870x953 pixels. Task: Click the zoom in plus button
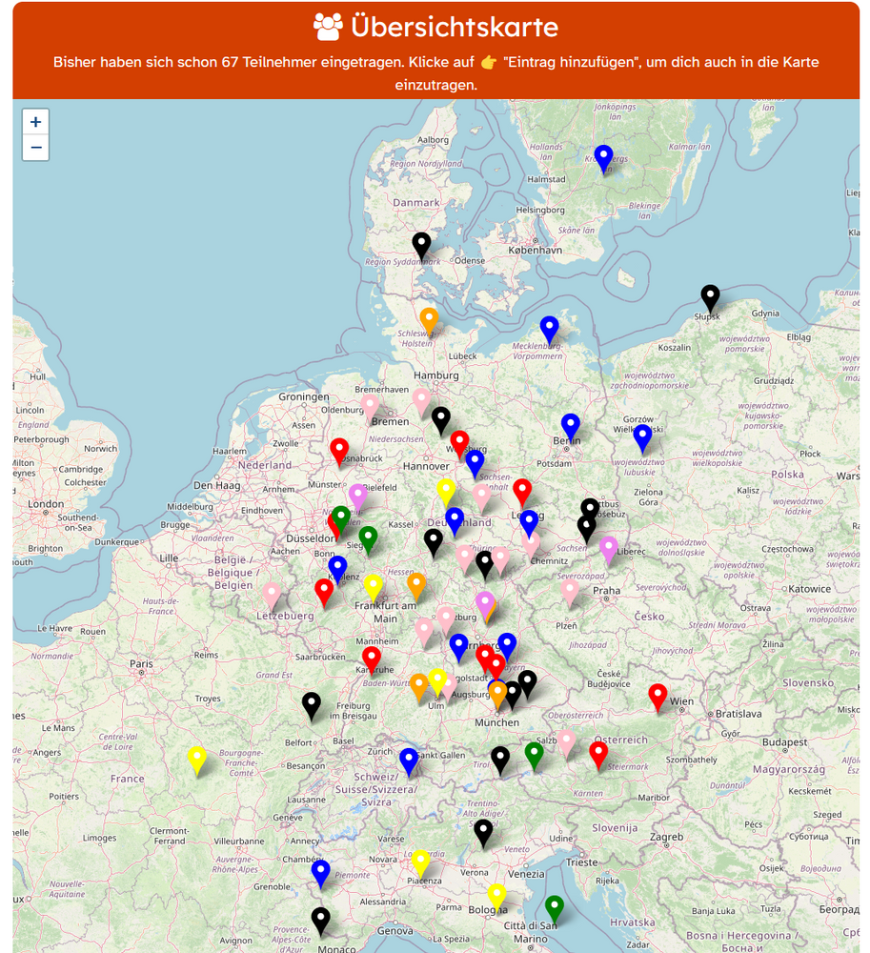(35, 122)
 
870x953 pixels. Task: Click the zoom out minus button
(35, 148)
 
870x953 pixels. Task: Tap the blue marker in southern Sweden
(603, 156)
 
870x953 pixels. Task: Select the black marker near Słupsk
(710, 296)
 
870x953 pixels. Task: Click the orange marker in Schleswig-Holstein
(429, 319)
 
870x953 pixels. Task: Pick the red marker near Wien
(658, 696)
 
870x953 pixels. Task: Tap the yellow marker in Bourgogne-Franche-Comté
(197, 759)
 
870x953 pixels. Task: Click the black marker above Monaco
(321, 919)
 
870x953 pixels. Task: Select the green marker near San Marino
(554, 907)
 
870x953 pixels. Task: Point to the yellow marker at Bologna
(496, 895)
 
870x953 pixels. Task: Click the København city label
(536, 250)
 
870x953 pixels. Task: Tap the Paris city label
(142, 664)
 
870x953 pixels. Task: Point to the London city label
(46, 504)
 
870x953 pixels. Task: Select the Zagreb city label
(667, 837)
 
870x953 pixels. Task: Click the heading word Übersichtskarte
(454, 28)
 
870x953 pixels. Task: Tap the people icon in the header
(328, 28)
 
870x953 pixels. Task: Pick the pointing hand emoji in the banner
(489, 62)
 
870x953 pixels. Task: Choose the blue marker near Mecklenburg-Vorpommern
(549, 328)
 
